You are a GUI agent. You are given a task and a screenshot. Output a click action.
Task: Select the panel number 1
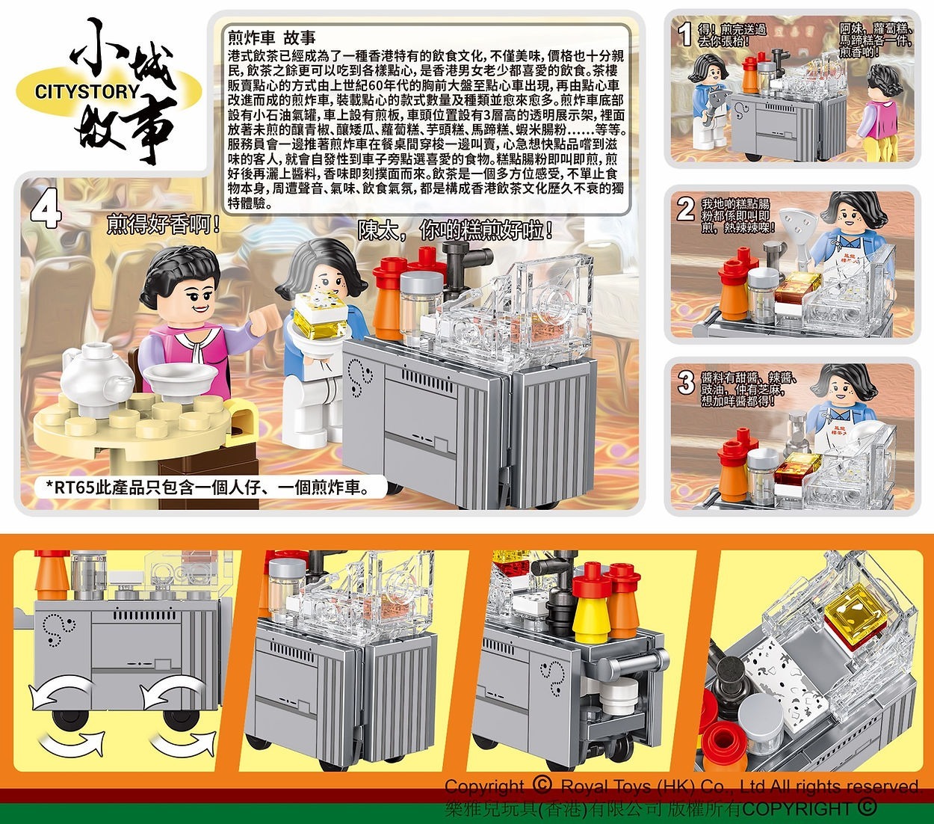tap(682, 34)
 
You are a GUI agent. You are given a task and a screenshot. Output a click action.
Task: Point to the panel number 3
tap(685, 384)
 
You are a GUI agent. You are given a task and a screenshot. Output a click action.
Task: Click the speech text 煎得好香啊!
tap(164, 224)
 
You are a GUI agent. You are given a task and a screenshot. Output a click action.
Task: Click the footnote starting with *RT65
tap(205, 488)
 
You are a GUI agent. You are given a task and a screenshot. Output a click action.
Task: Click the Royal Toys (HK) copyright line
tap(681, 787)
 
